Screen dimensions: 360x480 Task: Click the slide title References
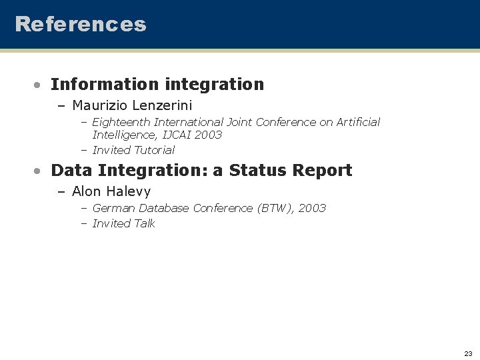tap(80, 24)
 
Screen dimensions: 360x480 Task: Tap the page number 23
tap(468, 353)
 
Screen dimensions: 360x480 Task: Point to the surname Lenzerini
tap(163, 105)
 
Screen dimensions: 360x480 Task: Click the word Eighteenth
tap(121, 123)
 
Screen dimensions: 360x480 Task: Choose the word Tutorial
tap(154, 151)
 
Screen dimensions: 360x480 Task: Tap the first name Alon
tap(87, 192)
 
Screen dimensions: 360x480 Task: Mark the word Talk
tap(144, 224)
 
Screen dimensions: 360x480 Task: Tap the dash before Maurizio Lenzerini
tap(61, 106)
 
